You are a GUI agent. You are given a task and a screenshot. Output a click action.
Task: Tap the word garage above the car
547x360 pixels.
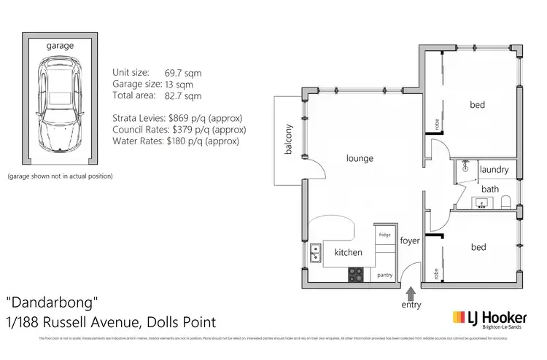point(60,46)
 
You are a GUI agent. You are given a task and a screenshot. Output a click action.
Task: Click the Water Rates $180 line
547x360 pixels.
point(176,141)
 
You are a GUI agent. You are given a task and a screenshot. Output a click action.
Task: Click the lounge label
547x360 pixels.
point(360,158)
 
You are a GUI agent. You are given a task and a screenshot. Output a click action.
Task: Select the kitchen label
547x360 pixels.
point(348,252)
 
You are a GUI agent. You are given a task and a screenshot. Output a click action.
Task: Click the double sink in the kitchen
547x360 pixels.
point(316,253)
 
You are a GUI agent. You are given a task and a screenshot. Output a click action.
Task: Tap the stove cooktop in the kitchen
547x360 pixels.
point(355,275)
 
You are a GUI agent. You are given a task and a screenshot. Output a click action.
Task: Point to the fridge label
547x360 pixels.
point(384,235)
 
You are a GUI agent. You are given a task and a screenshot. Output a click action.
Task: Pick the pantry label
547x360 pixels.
point(385,275)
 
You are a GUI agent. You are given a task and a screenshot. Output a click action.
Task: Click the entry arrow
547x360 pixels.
point(410,293)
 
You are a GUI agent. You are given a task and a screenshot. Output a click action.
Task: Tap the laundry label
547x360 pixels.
point(494,170)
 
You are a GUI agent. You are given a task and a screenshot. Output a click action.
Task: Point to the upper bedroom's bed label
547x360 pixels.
point(477,105)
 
